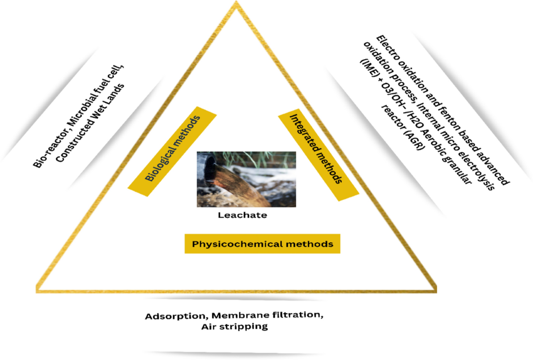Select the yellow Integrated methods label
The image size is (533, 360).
318,149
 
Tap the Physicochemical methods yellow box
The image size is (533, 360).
263,244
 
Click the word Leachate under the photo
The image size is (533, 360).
242,215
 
